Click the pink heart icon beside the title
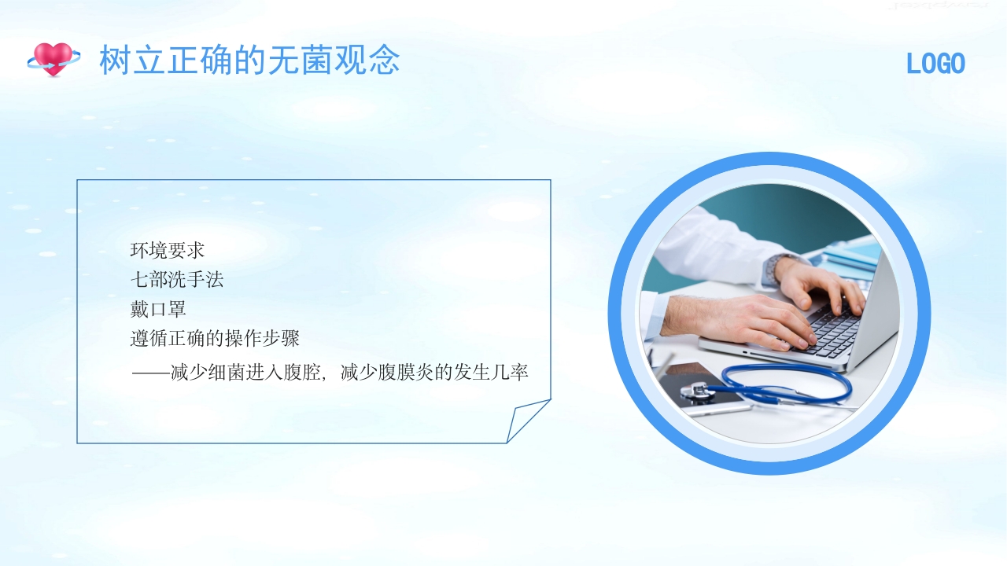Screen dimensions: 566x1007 53,59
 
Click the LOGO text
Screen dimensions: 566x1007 935,64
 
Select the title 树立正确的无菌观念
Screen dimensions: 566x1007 249,61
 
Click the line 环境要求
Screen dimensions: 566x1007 167,251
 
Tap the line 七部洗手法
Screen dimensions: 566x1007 176,280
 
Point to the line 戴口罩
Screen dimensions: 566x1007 157,309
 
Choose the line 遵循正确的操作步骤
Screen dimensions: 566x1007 215,339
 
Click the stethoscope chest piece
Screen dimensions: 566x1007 695,390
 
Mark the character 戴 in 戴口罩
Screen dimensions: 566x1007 139,309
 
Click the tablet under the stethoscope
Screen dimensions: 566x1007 708,393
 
